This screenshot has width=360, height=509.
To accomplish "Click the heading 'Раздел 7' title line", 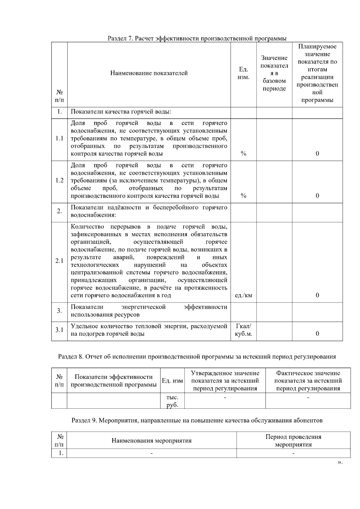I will [197, 38].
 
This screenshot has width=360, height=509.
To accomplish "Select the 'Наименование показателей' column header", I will [149, 73].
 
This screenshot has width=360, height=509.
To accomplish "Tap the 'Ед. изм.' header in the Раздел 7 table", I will [243, 73].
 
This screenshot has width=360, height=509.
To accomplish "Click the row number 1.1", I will [59, 138].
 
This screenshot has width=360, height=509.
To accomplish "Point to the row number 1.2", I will [59, 180].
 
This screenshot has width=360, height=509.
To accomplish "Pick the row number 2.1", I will [59, 261].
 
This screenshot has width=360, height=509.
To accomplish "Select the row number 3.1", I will [59, 330].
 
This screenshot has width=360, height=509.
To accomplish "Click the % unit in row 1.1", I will [243, 154].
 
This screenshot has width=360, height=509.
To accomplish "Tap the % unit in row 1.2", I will [243, 196].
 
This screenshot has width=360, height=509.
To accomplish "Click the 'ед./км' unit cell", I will [243, 296].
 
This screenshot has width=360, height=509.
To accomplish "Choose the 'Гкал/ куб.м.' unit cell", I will [243, 330].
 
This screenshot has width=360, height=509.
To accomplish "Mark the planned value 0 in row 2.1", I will [317, 296].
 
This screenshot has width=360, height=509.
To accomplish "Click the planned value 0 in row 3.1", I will [317, 334].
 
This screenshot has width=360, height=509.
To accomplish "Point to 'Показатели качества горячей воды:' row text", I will [121, 112].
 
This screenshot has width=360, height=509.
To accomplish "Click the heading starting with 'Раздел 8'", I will [197, 357].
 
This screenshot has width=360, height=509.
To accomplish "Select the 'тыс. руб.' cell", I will [172, 401].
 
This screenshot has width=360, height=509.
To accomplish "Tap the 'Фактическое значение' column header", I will [308, 381].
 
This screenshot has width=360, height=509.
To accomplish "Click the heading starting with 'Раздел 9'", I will [197, 420].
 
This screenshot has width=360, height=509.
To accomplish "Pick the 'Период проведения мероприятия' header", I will [293, 441].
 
